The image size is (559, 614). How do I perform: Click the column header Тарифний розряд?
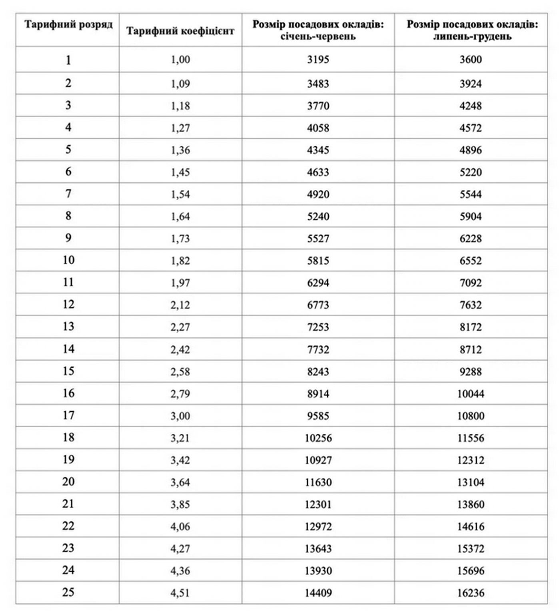coord(68,25)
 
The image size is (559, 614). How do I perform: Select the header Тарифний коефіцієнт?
coord(180,31)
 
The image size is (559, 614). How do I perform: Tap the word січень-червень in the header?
coord(318,37)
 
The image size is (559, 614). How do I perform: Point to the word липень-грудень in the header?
coord(472,37)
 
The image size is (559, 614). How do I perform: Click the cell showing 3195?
coord(318,60)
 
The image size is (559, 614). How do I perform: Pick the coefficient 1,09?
coord(180,84)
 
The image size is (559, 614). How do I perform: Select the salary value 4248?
coord(471,106)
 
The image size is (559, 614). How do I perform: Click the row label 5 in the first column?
coord(68,150)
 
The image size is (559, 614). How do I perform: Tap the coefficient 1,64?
coord(180,217)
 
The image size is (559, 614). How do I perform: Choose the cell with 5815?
coord(318,261)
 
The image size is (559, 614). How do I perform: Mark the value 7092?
coord(471,283)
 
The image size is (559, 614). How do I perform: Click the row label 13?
coord(68,327)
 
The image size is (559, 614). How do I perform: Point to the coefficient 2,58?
coord(180,372)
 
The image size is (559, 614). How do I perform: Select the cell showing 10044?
coord(471,394)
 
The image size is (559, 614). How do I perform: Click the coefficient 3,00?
coord(180,416)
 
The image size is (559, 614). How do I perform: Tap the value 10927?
coord(318,460)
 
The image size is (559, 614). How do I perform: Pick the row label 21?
coord(68,504)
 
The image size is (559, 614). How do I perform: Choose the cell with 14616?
coord(471,526)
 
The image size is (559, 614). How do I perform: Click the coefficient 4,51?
coord(180,593)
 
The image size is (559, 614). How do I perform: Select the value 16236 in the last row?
coord(471,593)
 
